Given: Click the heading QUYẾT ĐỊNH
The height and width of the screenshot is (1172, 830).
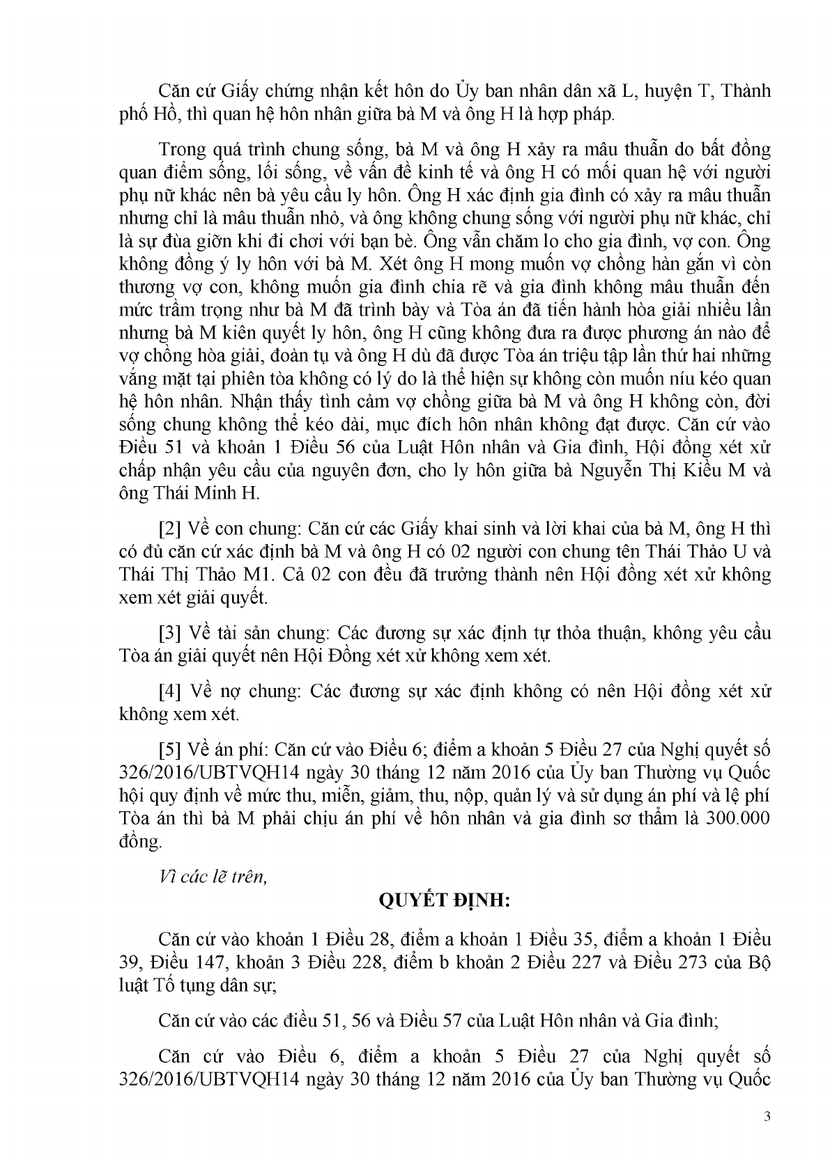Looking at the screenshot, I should pyautogui.click(x=445, y=901).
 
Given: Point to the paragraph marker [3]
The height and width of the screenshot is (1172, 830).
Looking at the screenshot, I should pyautogui.click(x=170, y=633).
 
